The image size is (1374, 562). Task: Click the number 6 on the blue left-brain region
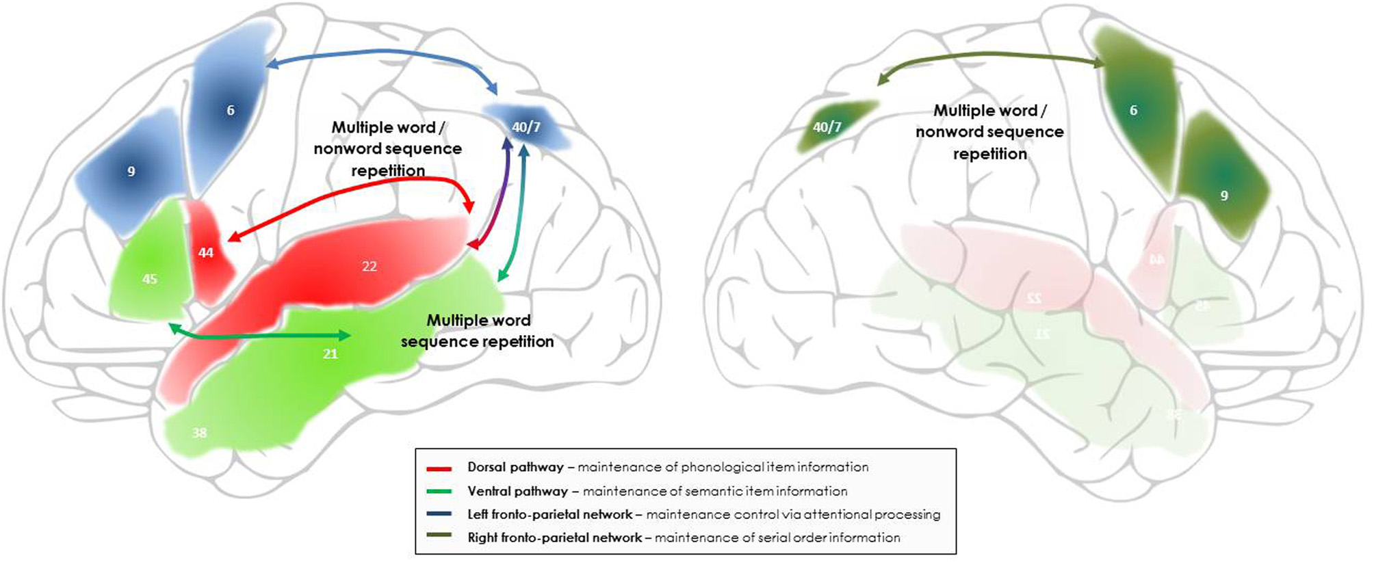231,110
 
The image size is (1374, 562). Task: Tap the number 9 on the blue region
131,172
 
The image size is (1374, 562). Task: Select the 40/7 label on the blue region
526,127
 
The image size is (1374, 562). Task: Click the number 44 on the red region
206,253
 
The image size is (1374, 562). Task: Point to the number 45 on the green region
150,279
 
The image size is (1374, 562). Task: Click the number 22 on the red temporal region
370,267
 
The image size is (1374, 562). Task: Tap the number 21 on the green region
330,354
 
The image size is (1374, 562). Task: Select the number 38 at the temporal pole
200,433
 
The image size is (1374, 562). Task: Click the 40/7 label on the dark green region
827,127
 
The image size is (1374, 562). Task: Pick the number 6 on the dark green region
1134,110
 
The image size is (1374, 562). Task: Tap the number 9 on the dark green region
1224,196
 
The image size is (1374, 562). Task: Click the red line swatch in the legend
439,469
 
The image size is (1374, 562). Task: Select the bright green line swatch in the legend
439,492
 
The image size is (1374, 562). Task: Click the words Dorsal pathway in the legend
515,468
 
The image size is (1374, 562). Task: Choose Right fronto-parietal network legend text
555,538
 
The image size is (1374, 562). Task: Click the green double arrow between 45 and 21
260,334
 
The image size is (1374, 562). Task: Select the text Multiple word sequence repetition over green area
478,331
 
